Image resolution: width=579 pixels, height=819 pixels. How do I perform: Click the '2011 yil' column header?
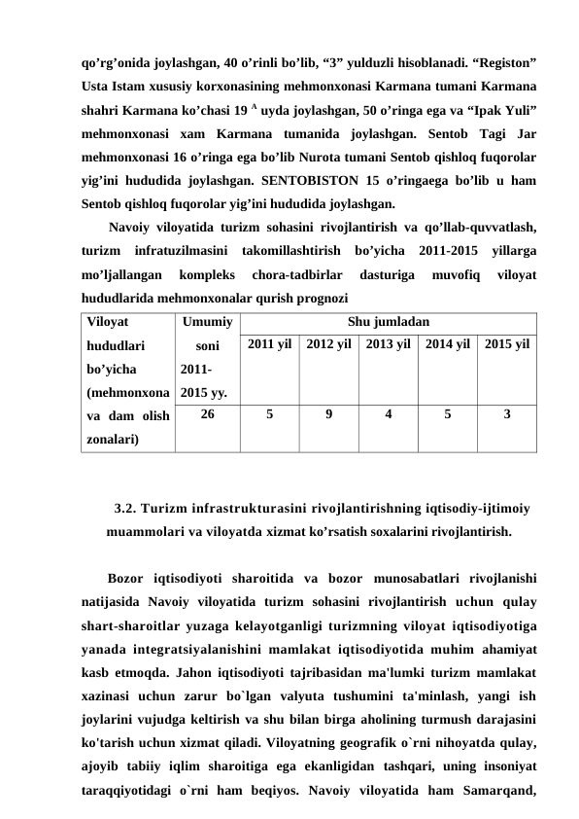[269, 345]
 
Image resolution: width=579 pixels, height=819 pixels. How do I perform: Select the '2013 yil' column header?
[388, 345]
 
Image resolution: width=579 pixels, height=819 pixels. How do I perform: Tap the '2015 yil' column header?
[506, 345]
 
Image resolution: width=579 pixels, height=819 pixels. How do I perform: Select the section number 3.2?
[125, 506]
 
